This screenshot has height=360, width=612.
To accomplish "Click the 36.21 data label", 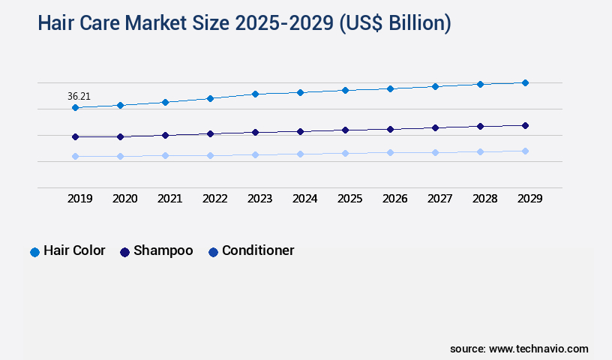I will (79, 96).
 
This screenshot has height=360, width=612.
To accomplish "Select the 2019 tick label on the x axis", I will (79, 199).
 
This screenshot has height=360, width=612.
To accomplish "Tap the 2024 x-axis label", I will (304, 199).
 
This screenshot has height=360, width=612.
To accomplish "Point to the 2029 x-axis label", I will (529, 199).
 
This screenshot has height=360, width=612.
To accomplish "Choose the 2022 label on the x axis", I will (214, 199).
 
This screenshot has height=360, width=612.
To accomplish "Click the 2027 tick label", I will (439, 199).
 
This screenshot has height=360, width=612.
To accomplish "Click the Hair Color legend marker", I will (34, 252).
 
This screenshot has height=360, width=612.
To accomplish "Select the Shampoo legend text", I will (163, 251).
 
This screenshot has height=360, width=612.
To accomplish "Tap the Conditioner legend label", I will (258, 251).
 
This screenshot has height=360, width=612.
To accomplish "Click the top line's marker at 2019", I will (75, 108).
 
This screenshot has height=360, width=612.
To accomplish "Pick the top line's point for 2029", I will (525, 82).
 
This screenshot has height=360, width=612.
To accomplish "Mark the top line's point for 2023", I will (255, 94).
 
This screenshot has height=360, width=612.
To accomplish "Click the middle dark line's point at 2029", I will (525, 125).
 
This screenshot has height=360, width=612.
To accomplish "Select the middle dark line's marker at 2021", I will (165, 135).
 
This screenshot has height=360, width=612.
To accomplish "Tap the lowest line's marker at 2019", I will (75, 156).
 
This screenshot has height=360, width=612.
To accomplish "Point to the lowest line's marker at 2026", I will (390, 152).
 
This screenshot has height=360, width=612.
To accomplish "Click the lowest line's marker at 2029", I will (525, 151).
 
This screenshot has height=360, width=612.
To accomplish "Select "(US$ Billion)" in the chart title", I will (395, 23).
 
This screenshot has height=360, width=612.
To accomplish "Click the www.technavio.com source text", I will (538, 349).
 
